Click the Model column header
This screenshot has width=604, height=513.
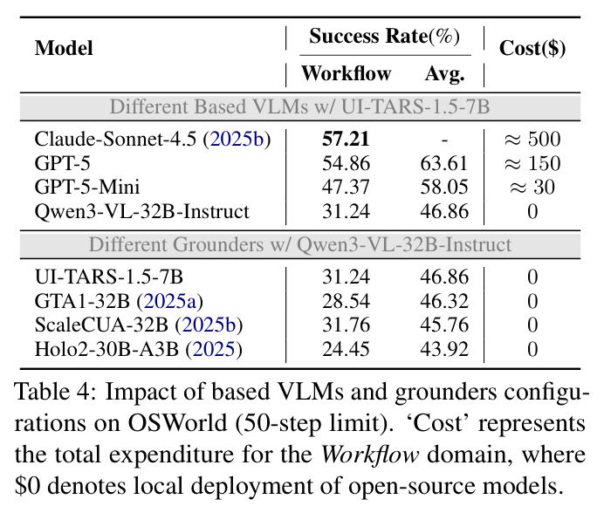point(64,48)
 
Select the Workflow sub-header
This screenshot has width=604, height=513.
point(346,73)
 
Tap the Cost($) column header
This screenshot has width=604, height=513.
point(532,49)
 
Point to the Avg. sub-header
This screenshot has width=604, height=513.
point(444,73)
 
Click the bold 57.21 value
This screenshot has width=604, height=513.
point(346,139)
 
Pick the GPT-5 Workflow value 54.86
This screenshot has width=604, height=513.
point(346,163)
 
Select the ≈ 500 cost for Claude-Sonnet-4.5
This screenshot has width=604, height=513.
point(532,139)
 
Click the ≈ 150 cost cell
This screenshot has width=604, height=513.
point(532,163)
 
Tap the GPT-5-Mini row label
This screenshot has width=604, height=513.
point(87,187)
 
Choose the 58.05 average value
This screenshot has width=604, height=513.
point(444,187)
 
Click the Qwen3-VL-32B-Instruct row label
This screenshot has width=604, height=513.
point(141,211)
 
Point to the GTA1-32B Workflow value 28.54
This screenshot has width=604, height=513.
point(346,301)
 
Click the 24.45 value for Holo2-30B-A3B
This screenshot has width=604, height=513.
point(346,349)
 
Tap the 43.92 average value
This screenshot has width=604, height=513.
point(444,349)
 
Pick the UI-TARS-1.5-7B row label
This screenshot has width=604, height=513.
point(108,277)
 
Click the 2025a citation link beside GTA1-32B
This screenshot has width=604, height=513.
point(170,301)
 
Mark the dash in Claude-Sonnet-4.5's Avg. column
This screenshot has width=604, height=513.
point(444,140)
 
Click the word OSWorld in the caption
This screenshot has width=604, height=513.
point(177,423)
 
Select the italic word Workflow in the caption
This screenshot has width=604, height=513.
point(370,455)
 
